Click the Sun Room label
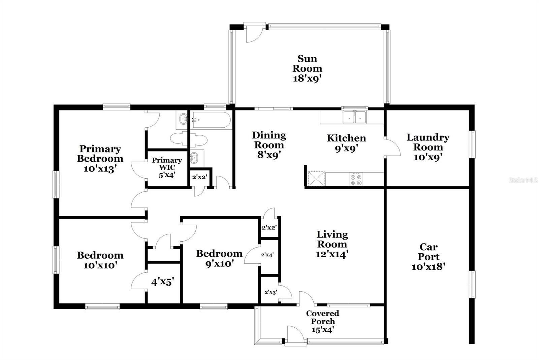(307, 64)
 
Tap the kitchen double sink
(354, 117)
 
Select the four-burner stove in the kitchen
(356, 179)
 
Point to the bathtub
(211, 120)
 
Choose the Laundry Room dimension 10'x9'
(428, 157)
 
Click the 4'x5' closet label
(162, 282)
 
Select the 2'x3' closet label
(271, 292)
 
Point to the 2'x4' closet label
(267, 255)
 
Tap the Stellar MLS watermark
(523, 181)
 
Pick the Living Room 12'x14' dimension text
(332, 254)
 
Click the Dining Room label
(269, 140)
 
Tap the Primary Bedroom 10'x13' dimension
(100, 169)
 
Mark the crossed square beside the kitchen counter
(316, 178)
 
